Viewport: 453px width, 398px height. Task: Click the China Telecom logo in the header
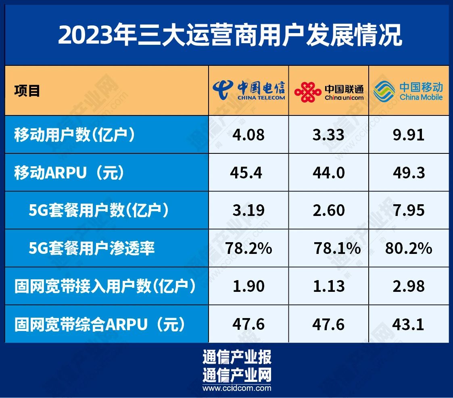(x=249, y=90)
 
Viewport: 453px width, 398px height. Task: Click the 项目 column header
(x=27, y=90)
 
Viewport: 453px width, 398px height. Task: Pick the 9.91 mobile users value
(x=409, y=135)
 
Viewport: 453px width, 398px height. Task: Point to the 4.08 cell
(x=248, y=135)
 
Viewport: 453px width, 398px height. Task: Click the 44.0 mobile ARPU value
(x=329, y=173)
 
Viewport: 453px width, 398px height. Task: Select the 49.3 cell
(x=409, y=173)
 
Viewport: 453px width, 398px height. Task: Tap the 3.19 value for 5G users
(x=248, y=210)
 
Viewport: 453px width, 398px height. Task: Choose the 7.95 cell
(x=409, y=210)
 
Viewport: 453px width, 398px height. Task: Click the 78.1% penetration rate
(x=337, y=248)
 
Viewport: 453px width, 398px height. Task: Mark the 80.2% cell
(x=409, y=248)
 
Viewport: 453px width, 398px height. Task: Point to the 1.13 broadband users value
(x=329, y=286)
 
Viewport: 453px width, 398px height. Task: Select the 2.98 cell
(x=409, y=286)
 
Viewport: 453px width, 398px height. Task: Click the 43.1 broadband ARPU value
(x=408, y=324)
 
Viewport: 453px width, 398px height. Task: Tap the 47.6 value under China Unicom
(x=328, y=324)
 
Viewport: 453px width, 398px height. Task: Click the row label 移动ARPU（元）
(x=70, y=172)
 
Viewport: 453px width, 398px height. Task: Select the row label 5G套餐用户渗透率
(x=92, y=248)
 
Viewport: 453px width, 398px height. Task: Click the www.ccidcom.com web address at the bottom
(x=237, y=388)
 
